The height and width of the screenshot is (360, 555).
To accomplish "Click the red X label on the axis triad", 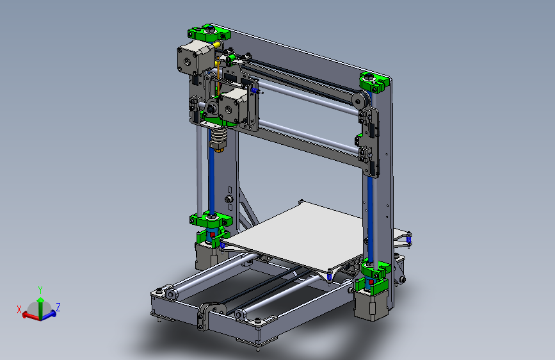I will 19,309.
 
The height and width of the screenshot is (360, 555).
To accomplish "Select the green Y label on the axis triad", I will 40,290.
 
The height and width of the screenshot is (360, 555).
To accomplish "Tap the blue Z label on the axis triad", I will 58,307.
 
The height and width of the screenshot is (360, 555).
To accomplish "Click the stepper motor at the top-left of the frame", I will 190,59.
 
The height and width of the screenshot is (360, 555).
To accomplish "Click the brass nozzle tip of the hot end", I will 219,149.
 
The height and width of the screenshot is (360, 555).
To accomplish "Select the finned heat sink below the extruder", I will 219,134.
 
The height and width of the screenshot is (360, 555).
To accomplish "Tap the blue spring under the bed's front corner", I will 329,275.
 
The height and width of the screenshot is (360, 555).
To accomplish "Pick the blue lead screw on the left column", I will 211,179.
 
